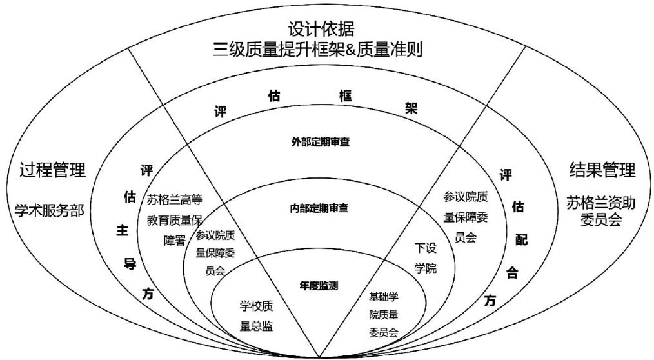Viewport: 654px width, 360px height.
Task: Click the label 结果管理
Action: [x=602, y=170]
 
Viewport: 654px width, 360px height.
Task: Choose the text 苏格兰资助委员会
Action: [x=602, y=211]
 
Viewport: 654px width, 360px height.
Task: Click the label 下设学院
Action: [x=425, y=257]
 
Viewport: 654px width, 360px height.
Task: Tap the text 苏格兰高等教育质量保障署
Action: [x=175, y=219]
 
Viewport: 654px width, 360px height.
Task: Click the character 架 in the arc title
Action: [x=411, y=108]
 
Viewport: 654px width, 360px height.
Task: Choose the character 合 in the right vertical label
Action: [x=512, y=271]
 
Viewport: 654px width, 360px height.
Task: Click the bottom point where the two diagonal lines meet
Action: [x=321, y=356]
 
